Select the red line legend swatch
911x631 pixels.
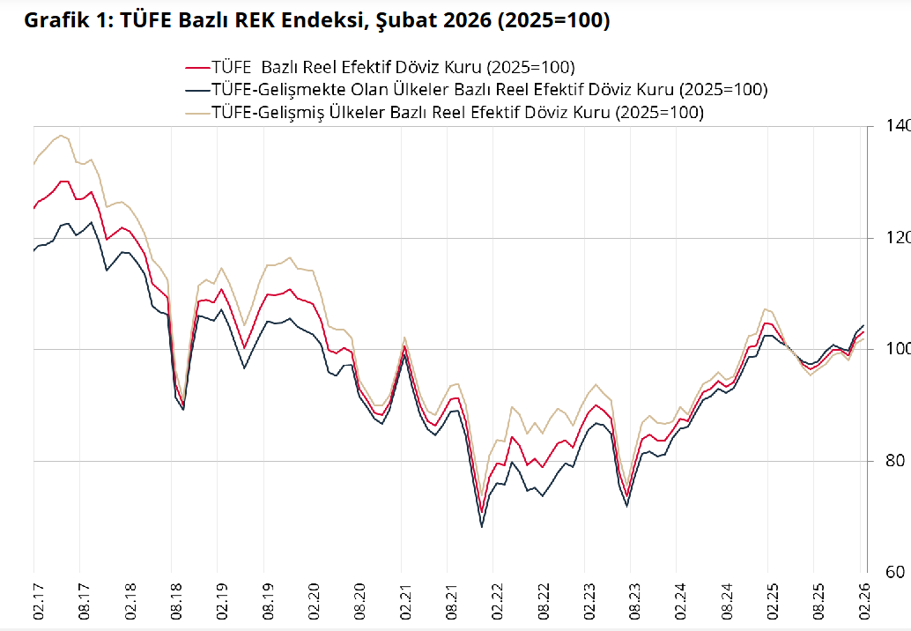coord(196,67)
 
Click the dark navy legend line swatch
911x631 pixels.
coord(196,90)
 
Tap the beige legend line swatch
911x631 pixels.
coord(196,113)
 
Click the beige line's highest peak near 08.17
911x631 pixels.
coord(60,136)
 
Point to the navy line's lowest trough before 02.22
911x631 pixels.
coord(482,527)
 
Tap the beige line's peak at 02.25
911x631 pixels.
coord(767,309)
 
